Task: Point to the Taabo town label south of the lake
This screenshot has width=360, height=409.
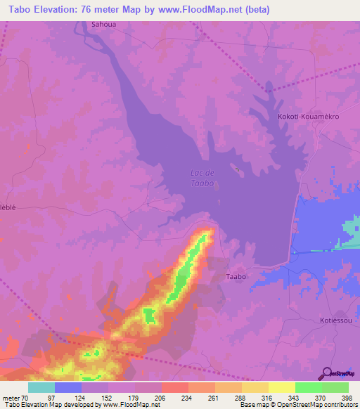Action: click(236, 277)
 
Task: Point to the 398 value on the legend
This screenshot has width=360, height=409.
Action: click(347, 398)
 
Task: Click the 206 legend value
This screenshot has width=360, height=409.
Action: click(160, 398)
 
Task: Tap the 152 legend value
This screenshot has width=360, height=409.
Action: click(107, 398)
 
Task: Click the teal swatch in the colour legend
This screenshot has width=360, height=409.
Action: click(41, 387)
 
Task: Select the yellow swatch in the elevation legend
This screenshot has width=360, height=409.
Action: click(281, 387)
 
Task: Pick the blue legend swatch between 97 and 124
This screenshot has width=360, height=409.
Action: click(67, 387)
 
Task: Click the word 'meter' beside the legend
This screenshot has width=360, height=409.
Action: click(11, 398)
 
